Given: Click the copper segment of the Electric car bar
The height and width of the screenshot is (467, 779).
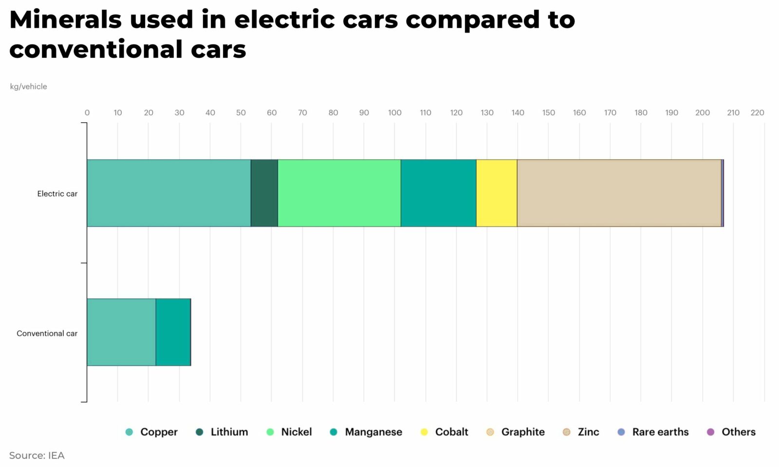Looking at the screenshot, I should (x=168, y=193).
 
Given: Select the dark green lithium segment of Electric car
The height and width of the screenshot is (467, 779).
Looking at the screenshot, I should (x=264, y=193).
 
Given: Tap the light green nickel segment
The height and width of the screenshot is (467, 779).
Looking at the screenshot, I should (x=339, y=193).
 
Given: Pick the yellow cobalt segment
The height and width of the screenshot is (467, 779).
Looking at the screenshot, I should (x=496, y=193).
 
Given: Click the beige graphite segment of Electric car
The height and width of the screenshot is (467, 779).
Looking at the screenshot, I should (x=618, y=193).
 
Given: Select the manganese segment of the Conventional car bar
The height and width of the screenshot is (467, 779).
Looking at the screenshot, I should (x=173, y=332).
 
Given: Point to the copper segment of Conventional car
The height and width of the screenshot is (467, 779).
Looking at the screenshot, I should (x=121, y=332).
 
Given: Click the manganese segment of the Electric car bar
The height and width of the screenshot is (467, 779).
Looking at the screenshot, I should (x=438, y=193).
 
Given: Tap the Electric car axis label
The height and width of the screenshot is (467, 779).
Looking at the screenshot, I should (x=57, y=194).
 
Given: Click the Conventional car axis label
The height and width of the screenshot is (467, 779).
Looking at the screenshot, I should (x=47, y=334).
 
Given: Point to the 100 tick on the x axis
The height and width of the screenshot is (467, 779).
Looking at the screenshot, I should (x=394, y=112).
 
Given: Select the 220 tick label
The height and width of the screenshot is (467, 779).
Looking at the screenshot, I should (x=757, y=112).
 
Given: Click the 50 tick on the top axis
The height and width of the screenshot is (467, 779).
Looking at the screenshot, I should (x=241, y=112).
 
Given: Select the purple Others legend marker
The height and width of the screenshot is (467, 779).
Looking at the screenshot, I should (x=710, y=432).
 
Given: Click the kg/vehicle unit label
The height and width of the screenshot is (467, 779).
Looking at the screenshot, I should (x=28, y=87).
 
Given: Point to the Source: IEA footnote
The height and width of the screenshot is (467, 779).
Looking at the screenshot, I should (x=37, y=455).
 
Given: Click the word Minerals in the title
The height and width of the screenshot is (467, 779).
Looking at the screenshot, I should (x=65, y=20).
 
